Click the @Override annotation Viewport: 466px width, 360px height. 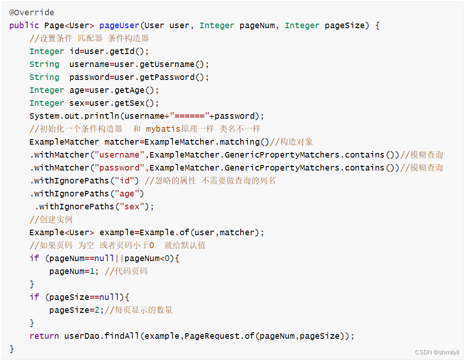(31, 12)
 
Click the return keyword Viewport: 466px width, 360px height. (44, 336)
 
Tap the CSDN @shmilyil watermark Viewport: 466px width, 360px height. (437, 353)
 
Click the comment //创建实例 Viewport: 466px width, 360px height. (51, 220)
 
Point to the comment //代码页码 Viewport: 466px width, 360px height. (126, 271)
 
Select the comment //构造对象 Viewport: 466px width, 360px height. (291, 142)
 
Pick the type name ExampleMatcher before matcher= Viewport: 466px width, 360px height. (64, 142)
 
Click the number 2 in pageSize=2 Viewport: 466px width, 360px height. (97, 310)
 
